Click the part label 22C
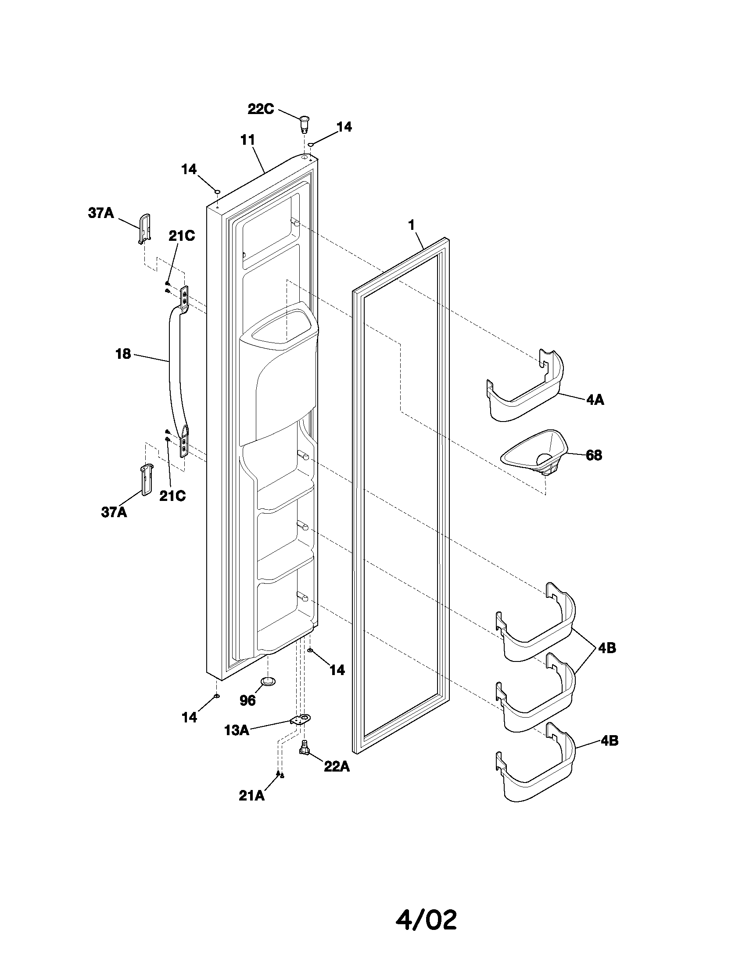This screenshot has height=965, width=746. click(260, 109)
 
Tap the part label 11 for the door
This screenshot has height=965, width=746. click(247, 140)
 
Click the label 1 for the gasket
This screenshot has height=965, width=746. click(411, 225)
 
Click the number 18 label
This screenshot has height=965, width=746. click(123, 354)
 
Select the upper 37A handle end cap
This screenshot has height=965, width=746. click(144, 228)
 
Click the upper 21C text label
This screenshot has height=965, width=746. click(181, 236)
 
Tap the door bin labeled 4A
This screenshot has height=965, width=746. click(526, 389)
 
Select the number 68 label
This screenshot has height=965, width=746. click(594, 455)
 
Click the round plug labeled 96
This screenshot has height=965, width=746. click(268, 681)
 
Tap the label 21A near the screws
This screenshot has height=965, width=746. click(251, 796)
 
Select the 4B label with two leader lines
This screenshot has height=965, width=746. click(607, 648)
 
